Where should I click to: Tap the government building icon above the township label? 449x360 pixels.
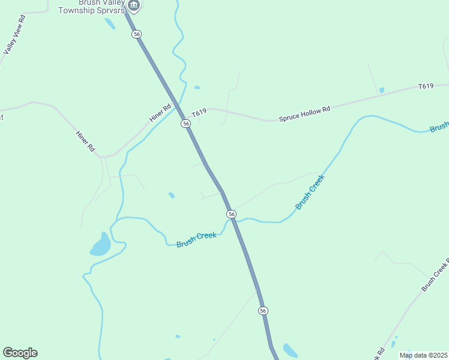pos(134,6)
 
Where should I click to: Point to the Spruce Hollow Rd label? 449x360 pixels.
pos(304,114)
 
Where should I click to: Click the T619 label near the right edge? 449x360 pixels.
pos(426,86)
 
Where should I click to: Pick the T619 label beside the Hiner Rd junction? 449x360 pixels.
pos(199,112)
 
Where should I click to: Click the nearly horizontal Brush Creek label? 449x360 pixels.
pos(196,239)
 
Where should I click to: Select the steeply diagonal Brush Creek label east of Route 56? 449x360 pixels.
pos(310,192)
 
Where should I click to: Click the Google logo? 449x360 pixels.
pos(20,353)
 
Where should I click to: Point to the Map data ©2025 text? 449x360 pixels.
pos(424,355)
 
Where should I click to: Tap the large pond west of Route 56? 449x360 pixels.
pos(101,245)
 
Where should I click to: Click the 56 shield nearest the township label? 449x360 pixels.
pos(137,35)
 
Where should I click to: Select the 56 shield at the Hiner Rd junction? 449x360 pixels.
pos(186,123)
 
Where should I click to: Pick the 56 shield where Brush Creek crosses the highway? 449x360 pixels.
pos(231,214)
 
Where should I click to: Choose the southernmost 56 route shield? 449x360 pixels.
pos(263,310)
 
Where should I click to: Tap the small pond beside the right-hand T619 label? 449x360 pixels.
pos(382,91)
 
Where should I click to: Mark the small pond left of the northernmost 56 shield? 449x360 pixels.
pos(110,23)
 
